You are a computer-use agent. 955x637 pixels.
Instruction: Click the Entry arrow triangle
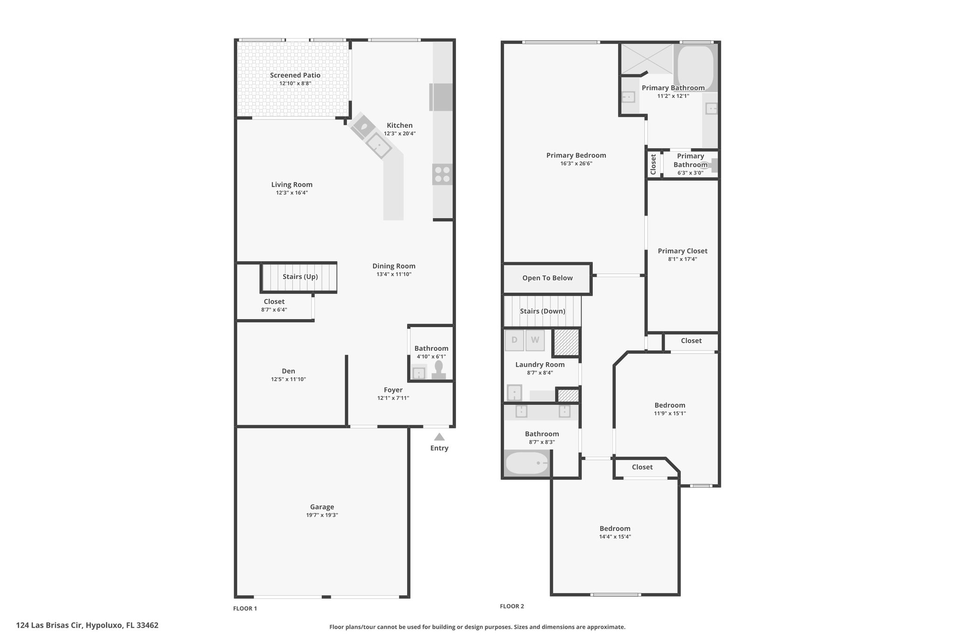point(439,437)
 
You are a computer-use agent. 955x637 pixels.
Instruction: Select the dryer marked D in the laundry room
point(514,340)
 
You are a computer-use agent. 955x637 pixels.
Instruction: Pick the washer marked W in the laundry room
point(535,340)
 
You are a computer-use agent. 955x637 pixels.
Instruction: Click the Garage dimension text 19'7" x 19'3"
point(322,515)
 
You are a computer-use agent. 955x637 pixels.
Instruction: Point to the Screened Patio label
point(295,75)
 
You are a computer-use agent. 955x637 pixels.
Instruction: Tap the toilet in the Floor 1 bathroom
point(439,371)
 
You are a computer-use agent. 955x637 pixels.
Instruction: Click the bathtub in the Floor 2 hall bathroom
point(527,463)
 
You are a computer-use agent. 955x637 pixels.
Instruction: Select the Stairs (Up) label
point(300,277)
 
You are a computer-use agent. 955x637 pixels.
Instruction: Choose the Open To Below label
point(547,278)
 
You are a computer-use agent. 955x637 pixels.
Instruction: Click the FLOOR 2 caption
point(512,606)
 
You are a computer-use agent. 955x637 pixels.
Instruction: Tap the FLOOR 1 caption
point(245,609)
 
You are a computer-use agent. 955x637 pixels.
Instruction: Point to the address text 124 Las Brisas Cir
point(50,625)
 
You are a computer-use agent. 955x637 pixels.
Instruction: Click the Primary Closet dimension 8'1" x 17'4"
point(683,259)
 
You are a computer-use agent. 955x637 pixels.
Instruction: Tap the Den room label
point(288,371)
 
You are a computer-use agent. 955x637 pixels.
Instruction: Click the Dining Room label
point(394,266)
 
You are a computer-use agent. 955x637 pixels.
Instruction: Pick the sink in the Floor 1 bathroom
point(419,373)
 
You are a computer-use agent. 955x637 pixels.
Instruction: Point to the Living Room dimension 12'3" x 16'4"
point(292,193)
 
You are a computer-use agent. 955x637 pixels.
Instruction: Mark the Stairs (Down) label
point(543,311)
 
